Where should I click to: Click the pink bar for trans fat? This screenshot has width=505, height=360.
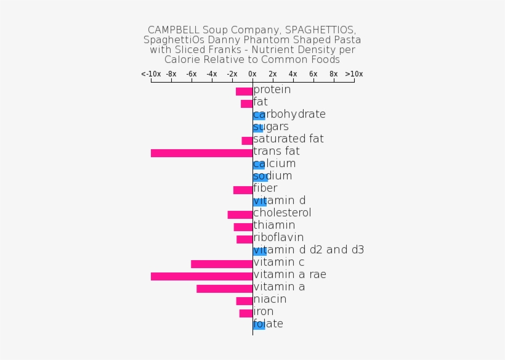click(x=201, y=153)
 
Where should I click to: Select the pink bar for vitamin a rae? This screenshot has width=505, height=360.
click(x=201, y=276)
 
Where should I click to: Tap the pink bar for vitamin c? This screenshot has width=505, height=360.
click(x=222, y=264)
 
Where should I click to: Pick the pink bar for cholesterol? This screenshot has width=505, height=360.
click(x=240, y=215)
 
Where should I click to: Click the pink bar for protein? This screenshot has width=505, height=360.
click(x=244, y=91)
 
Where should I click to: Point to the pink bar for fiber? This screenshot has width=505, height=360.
click(x=243, y=190)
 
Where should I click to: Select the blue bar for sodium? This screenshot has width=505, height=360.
click(x=260, y=178)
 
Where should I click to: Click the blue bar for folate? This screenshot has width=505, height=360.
click(x=259, y=325)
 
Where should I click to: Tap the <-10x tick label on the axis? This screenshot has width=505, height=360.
click(x=151, y=74)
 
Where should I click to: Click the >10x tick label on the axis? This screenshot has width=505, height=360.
click(x=353, y=74)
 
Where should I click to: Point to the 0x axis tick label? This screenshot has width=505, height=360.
click(x=252, y=74)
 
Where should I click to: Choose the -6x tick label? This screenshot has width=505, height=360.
click(x=192, y=74)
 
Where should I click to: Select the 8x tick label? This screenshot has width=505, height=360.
click(x=333, y=74)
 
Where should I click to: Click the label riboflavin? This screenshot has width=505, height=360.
click(x=278, y=237)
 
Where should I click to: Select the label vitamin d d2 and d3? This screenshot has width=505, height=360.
click(x=309, y=250)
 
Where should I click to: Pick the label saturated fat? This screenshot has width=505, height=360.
click(x=288, y=139)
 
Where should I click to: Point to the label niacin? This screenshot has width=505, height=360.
click(x=270, y=299)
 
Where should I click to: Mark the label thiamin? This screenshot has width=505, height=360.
click(x=274, y=225)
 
